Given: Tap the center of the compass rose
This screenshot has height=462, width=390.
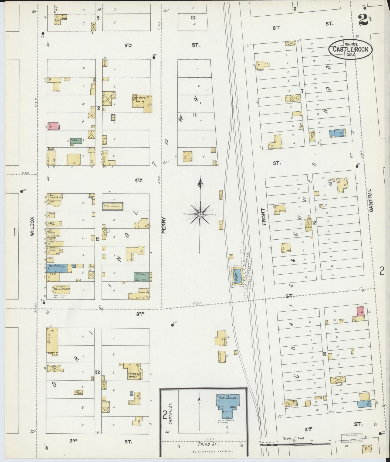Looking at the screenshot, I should click(x=200, y=214).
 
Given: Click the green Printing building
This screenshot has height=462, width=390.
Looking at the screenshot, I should click(x=142, y=276).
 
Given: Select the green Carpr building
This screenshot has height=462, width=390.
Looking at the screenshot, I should click(x=76, y=141).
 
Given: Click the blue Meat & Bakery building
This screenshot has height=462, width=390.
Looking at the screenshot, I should click(x=57, y=268).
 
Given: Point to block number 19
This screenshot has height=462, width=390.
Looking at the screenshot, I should click(x=98, y=239).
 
